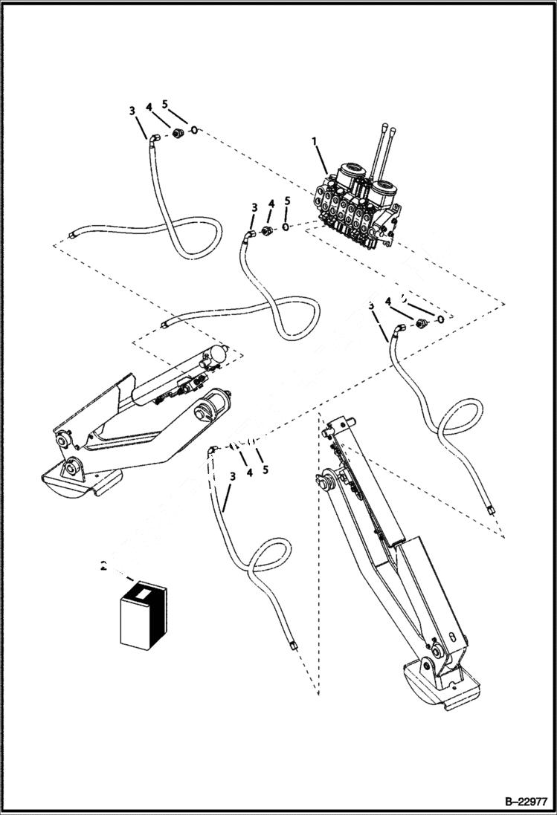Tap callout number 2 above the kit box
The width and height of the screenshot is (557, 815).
point(104,566)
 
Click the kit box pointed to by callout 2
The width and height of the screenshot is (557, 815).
point(143,614)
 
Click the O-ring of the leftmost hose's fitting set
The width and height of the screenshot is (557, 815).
point(193,131)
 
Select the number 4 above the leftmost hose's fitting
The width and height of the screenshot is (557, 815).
point(149,108)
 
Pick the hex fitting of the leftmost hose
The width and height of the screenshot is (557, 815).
point(178,133)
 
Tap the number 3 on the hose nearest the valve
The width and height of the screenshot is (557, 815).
point(254,207)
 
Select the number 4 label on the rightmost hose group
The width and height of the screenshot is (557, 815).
point(387,301)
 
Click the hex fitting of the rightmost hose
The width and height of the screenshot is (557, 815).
point(422,323)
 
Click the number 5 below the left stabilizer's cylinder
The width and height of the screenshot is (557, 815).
point(265,470)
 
